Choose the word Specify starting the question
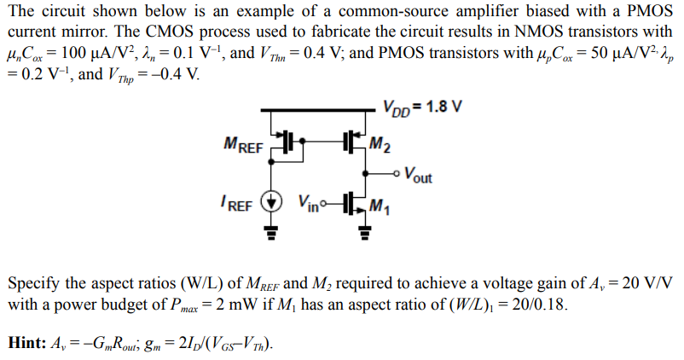[32, 284]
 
